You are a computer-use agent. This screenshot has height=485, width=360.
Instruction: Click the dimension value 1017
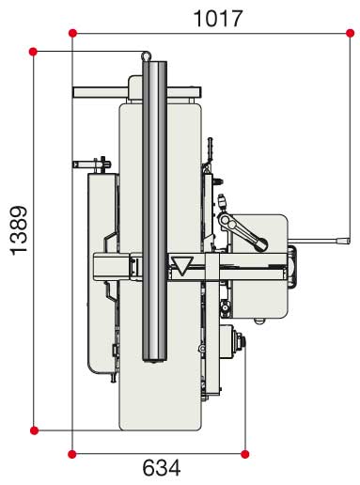(x=218, y=19)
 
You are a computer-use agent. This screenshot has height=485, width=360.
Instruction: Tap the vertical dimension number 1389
(x=19, y=230)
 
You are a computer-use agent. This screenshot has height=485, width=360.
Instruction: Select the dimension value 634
(x=162, y=468)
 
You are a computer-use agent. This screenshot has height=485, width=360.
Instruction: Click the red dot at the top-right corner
(x=351, y=33)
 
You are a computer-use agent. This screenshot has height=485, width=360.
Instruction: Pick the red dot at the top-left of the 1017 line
(x=72, y=33)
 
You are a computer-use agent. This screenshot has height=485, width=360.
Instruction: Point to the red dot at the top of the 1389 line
(x=33, y=52)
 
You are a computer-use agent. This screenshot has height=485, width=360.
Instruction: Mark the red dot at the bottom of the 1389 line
(x=34, y=430)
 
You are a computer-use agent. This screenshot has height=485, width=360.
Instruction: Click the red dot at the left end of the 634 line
(x=72, y=454)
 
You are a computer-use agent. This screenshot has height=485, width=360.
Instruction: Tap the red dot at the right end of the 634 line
(x=245, y=454)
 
